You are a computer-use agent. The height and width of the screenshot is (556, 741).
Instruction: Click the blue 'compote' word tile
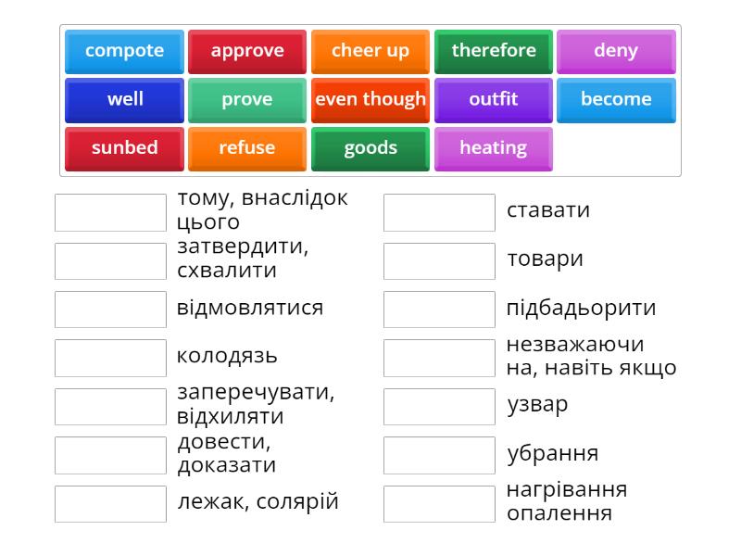pyautogui.click(x=124, y=51)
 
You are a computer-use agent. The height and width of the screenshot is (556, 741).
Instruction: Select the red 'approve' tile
pyautogui.click(x=247, y=51)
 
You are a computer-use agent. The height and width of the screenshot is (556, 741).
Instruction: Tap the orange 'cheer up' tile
pyautogui.click(x=370, y=51)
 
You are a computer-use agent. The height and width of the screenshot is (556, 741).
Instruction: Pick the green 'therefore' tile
pyautogui.click(x=494, y=51)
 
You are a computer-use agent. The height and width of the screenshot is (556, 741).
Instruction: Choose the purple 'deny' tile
pyautogui.click(x=616, y=51)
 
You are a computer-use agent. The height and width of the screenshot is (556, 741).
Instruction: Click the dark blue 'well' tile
pyautogui.click(x=124, y=99)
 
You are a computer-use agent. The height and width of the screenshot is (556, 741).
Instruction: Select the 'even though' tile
pyautogui.click(x=370, y=99)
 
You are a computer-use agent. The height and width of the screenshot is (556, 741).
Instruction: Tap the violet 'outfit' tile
pyautogui.click(x=494, y=99)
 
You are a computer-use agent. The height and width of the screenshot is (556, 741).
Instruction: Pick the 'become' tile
pyautogui.click(x=616, y=99)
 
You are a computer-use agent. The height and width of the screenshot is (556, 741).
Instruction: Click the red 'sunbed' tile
pyautogui.click(x=124, y=148)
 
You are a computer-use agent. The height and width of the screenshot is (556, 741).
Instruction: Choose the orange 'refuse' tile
pyautogui.click(x=247, y=148)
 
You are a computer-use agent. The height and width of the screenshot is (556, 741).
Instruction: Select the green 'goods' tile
pyautogui.click(x=370, y=148)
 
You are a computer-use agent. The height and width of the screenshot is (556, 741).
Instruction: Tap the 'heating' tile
pyautogui.click(x=494, y=148)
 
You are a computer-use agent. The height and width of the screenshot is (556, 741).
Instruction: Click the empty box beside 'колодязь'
pyautogui.click(x=110, y=358)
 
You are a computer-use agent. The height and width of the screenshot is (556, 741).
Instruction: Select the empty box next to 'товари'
pyautogui.click(x=439, y=260)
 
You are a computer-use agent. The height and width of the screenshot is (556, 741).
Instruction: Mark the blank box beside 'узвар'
pyautogui.click(x=439, y=406)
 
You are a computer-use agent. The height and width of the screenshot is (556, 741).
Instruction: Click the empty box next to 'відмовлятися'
pyautogui.click(x=110, y=309)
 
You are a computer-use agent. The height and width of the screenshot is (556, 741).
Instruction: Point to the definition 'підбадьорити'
pyautogui.click(x=581, y=308)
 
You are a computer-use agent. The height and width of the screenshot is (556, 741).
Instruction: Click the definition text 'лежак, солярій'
pyautogui.click(x=257, y=502)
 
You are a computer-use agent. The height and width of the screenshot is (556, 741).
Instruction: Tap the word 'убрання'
pyautogui.click(x=552, y=454)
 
